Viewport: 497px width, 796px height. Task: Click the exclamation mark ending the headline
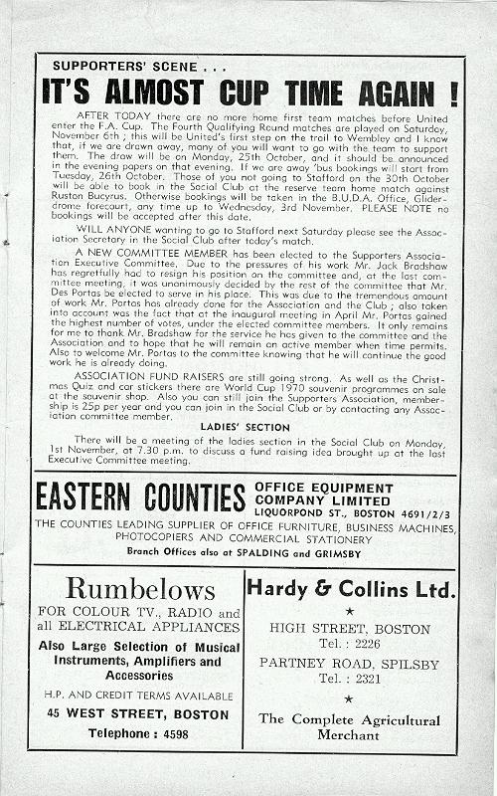(453, 93)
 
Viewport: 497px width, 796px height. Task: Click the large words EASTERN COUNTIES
(140, 497)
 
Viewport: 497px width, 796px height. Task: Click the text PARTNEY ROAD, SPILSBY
(349, 662)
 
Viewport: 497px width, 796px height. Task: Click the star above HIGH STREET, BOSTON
(349, 610)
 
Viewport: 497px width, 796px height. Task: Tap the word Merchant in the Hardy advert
(349, 735)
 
